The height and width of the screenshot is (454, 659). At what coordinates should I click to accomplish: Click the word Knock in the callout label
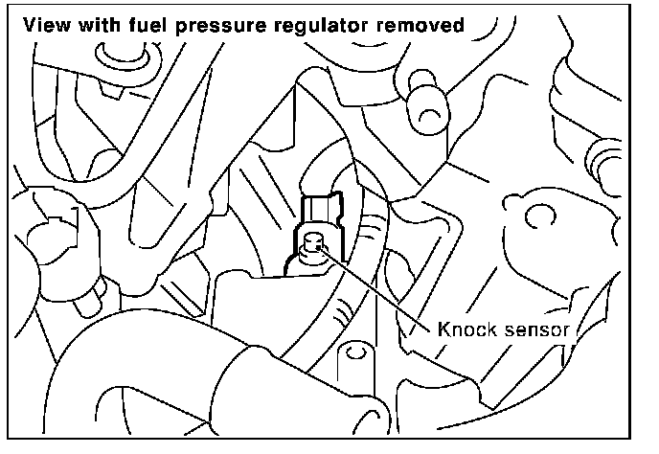point(466,329)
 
